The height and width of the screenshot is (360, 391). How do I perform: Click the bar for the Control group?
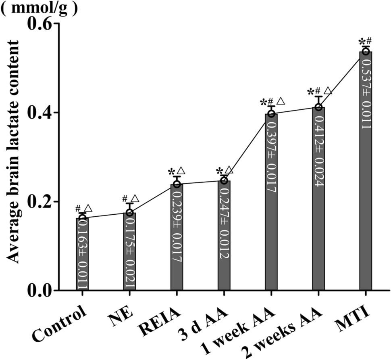coord(82,254)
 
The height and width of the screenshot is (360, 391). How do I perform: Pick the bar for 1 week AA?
coord(271,202)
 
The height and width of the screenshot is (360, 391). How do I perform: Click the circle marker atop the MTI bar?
coord(366,51)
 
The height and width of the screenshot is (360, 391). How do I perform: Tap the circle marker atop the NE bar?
coord(129,213)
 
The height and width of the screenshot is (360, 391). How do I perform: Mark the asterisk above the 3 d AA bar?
coord(220,171)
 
